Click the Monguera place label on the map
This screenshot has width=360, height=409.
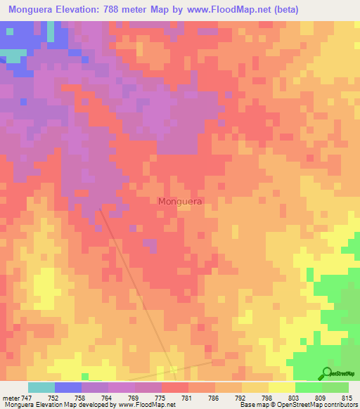tap(181, 201)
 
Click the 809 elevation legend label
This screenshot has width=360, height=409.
tap(321, 397)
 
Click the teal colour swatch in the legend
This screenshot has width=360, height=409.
tap(41, 387)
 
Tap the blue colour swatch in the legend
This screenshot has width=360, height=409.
tap(68, 387)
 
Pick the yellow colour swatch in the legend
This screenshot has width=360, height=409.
tap(281, 387)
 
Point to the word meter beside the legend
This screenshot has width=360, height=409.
tap(10, 397)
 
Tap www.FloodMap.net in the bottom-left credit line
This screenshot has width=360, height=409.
tap(147, 405)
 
